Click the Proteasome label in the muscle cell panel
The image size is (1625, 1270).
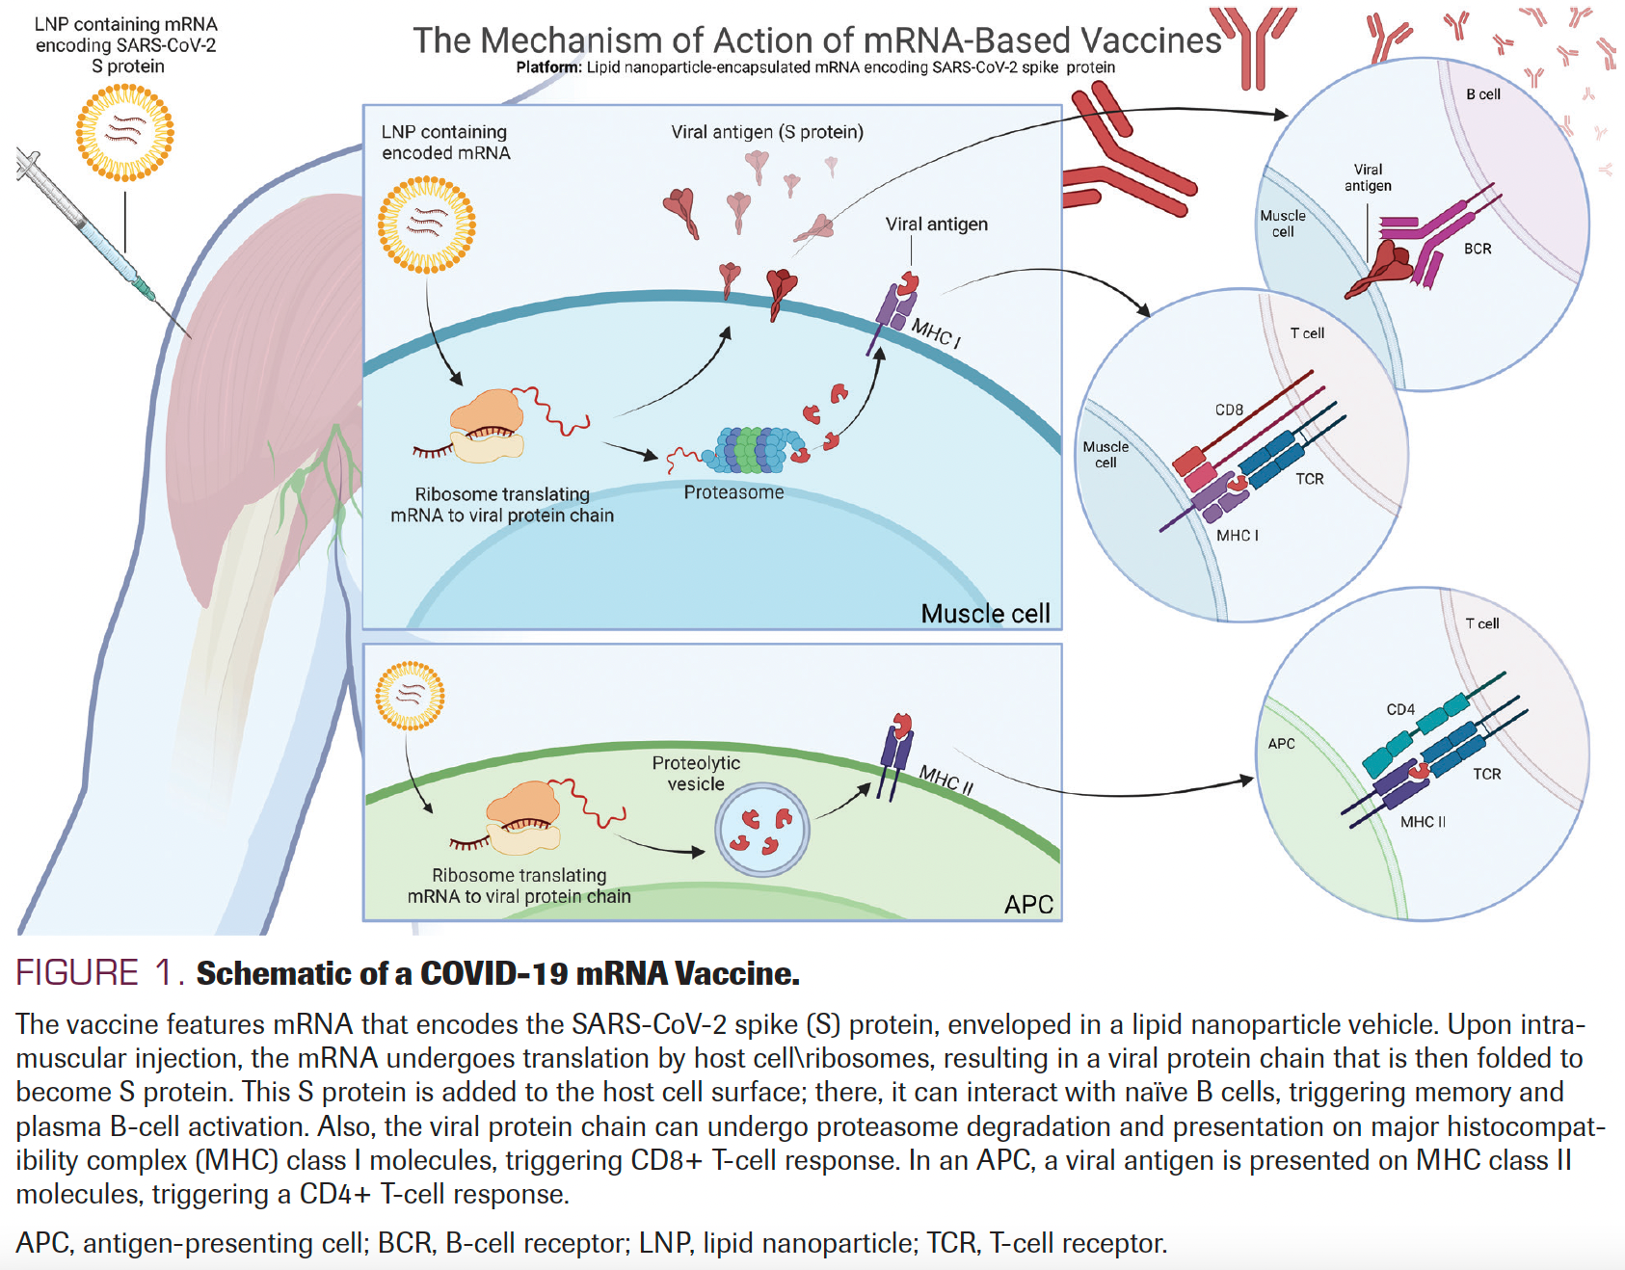[733, 492]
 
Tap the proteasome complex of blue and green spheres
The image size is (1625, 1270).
[759, 449]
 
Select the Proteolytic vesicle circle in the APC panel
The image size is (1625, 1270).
[761, 829]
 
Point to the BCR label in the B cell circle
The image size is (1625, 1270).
[1478, 249]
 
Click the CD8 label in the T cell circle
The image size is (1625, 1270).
[1229, 410]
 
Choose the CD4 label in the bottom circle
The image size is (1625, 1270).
[1400, 709]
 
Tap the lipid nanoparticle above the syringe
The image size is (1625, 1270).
[125, 132]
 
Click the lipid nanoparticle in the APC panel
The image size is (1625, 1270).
[410, 695]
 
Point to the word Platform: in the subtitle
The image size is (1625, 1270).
[549, 67]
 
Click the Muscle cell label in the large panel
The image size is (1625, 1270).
[985, 614]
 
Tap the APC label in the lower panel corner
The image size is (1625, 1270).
[1028, 905]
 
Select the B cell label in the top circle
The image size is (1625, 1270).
[1483, 94]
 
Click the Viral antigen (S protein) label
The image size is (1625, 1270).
[767, 132]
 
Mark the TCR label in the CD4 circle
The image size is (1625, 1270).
[1487, 774]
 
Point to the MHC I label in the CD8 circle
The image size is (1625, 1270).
[1238, 535]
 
